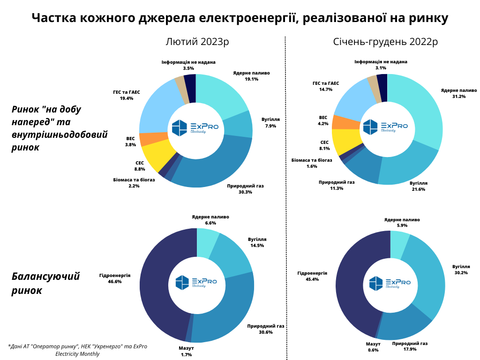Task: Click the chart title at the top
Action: coord(240,18)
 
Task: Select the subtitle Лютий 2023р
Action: coord(197,41)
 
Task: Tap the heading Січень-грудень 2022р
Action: coord(385,41)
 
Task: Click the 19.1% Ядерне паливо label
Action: coord(251,76)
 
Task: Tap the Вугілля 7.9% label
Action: coord(270,122)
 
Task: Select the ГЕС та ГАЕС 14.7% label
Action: coord(326,86)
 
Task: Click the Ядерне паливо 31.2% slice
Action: coord(424,107)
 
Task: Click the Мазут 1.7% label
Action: coord(186,352)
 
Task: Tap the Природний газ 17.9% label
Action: coord(410,346)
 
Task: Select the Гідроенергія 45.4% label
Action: coord(312,276)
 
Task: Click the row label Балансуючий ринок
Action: coord(45,283)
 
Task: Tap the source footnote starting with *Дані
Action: coord(77,350)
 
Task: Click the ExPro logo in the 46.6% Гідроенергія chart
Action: coord(196,282)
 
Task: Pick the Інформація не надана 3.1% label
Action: coord(381,65)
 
